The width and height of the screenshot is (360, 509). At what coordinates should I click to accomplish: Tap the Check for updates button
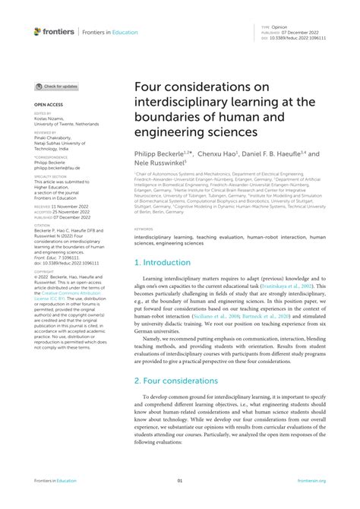(x=57, y=87)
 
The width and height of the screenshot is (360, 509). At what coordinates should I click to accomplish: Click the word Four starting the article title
(x=150, y=88)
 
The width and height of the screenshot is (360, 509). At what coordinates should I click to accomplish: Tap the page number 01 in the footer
(x=180, y=481)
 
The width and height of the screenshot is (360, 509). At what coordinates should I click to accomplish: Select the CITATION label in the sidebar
(x=43, y=225)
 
